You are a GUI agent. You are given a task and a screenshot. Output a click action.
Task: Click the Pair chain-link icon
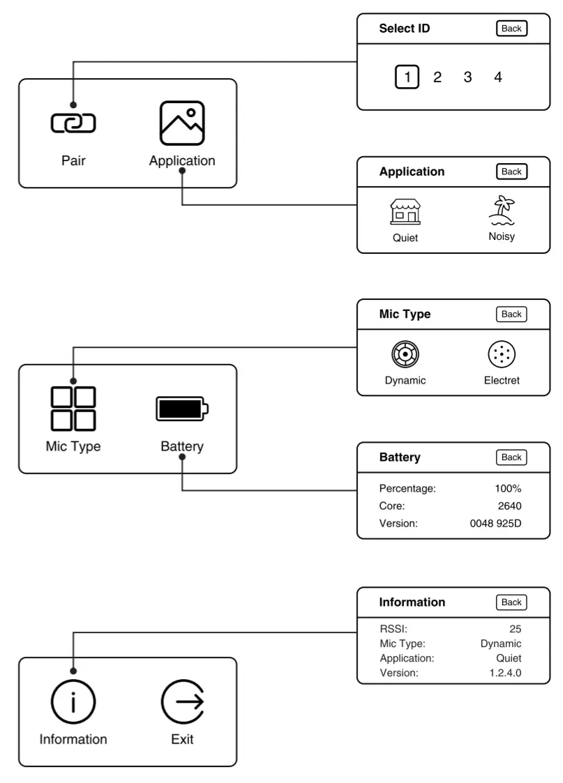point(73,123)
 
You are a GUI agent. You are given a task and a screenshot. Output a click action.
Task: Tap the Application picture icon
point(182,123)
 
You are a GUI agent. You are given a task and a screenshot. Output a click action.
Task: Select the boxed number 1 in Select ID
point(407,77)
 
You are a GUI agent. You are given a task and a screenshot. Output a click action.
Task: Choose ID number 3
point(467,77)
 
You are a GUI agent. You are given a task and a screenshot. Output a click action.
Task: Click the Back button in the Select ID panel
point(511,29)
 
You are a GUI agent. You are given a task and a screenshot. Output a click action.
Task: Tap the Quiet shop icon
point(405,211)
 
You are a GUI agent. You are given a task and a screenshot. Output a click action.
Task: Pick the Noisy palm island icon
point(502,210)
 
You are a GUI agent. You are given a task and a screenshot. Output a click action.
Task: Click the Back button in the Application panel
point(511,172)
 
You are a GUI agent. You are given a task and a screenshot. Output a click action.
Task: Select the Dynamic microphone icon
point(405,354)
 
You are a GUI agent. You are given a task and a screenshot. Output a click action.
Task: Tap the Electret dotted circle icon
point(502,354)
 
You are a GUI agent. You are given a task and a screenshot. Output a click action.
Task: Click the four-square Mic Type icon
point(73,409)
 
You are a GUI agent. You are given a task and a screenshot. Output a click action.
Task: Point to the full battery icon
point(182,409)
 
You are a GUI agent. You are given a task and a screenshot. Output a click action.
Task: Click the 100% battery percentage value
point(508,489)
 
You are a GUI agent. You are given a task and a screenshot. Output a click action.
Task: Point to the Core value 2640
point(509,506)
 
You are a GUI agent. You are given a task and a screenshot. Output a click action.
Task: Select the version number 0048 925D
point(495,524)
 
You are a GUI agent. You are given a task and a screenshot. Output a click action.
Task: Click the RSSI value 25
point(515,629)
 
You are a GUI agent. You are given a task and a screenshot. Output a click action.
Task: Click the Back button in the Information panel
point(511,602)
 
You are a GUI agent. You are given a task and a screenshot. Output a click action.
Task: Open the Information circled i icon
point(73,703)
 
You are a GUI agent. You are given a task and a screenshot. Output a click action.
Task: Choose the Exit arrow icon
point(182,703)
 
